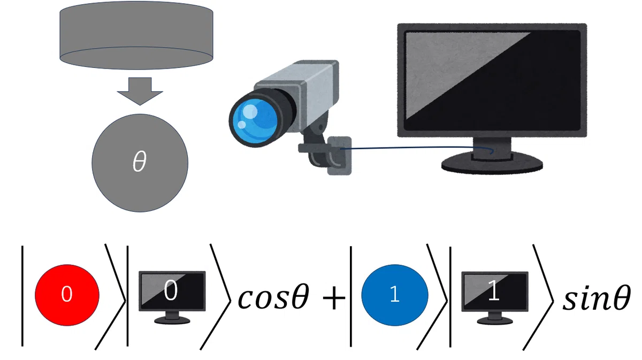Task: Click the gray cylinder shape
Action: point(136,35)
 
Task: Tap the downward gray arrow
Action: point(140,91)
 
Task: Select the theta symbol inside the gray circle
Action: point(140,162)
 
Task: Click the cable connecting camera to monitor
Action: point(416,148)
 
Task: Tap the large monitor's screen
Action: point(492,80)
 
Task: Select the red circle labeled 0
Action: point(67,295)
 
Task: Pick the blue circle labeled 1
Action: point(395,295)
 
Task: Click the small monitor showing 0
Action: point(172,297)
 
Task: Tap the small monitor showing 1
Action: point(495,297)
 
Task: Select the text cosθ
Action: point(273,296)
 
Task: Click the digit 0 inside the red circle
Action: point(67,294)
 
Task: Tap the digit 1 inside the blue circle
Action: point(395,294)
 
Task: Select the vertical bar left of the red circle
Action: point(22,296)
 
